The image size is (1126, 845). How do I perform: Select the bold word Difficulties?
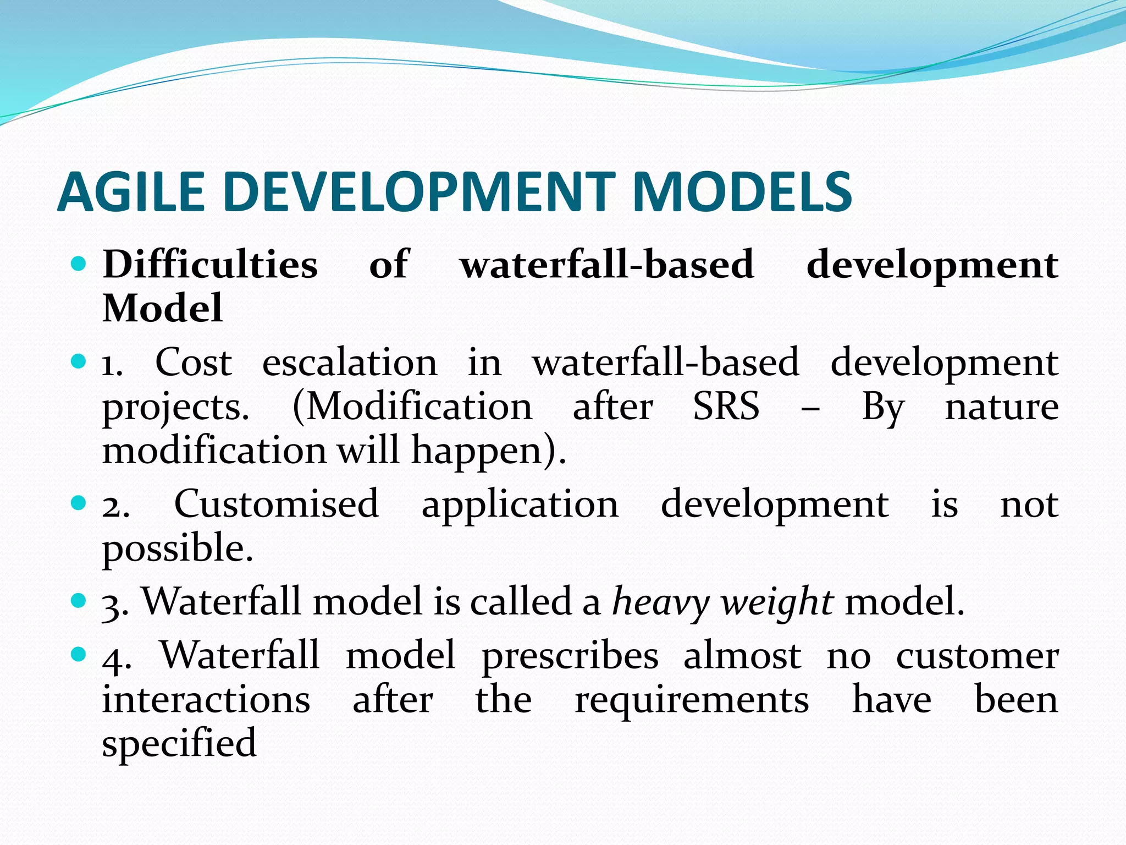tap(210, 265)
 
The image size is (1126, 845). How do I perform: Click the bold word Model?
tap(163, 308)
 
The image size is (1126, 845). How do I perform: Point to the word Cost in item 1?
tap(194, 363)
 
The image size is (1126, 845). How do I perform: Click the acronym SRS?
tap(726, 407)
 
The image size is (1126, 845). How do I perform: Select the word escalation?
tap(350, 363)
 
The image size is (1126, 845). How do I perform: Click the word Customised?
tap(277, 504)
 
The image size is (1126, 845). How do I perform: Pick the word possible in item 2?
tap(177, 548)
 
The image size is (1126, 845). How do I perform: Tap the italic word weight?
tap(777, 602)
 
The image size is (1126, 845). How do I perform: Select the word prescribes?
tap(570, 656)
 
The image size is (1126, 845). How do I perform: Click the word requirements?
tap(692, 700)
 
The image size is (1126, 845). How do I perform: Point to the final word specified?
tap(179, 743)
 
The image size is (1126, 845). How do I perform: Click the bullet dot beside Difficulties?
tap(79, 265)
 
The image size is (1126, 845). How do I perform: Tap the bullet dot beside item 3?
tap(79, 600)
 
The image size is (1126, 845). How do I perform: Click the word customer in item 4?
tap(977, 656)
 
